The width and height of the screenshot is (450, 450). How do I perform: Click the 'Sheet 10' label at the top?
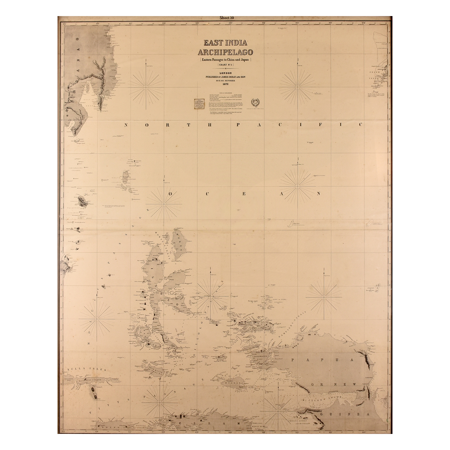227,18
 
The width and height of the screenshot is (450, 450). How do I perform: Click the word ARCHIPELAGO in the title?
225,52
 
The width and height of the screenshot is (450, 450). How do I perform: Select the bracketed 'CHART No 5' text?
225,65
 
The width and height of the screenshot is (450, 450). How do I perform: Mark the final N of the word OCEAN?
319,194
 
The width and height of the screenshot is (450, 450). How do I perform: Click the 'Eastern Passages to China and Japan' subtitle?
225,59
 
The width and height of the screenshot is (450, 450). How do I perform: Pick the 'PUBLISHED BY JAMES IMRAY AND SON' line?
225,77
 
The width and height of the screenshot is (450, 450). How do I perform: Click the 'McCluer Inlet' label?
321,399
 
